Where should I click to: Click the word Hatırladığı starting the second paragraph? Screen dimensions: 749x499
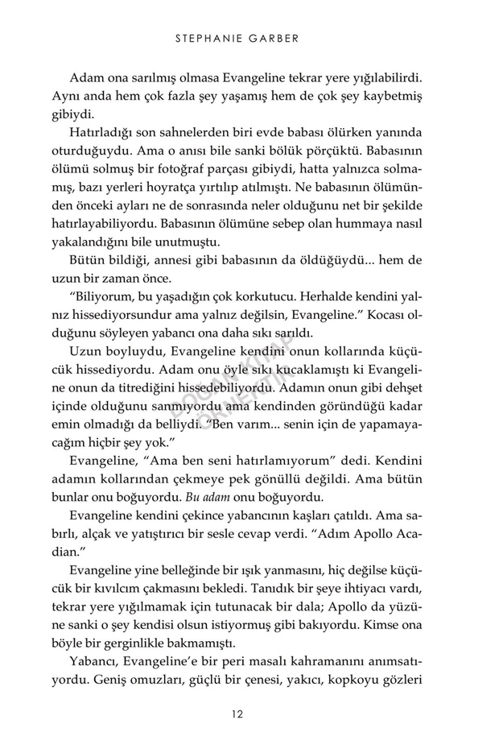pos(104,132)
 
